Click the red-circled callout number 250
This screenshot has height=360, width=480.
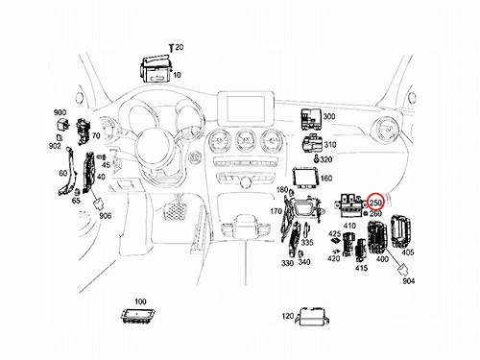(375, 203)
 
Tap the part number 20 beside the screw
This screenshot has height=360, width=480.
(180, 47)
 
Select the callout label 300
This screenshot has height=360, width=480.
(329, 116)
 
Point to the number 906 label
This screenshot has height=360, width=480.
(106, 216)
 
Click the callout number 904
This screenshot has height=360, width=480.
(409, 280)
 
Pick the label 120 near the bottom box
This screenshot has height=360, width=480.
(288, 316)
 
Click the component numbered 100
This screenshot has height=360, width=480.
(138, 316)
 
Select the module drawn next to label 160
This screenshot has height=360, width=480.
(305, 179)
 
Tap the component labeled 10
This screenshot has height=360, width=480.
(156, 68)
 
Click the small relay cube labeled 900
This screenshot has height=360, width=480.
(61, 125)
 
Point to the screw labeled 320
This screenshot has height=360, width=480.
(316, 158)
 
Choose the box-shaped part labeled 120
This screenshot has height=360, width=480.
(313, 317)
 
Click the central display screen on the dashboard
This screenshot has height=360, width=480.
(246, 108)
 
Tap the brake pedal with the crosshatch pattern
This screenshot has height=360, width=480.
(175, 211)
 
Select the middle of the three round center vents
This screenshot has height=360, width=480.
(246, 141)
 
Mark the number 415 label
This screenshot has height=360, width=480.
(361, 268)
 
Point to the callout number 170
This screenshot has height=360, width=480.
(276, 211)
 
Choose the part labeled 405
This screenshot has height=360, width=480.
(401, 231)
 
